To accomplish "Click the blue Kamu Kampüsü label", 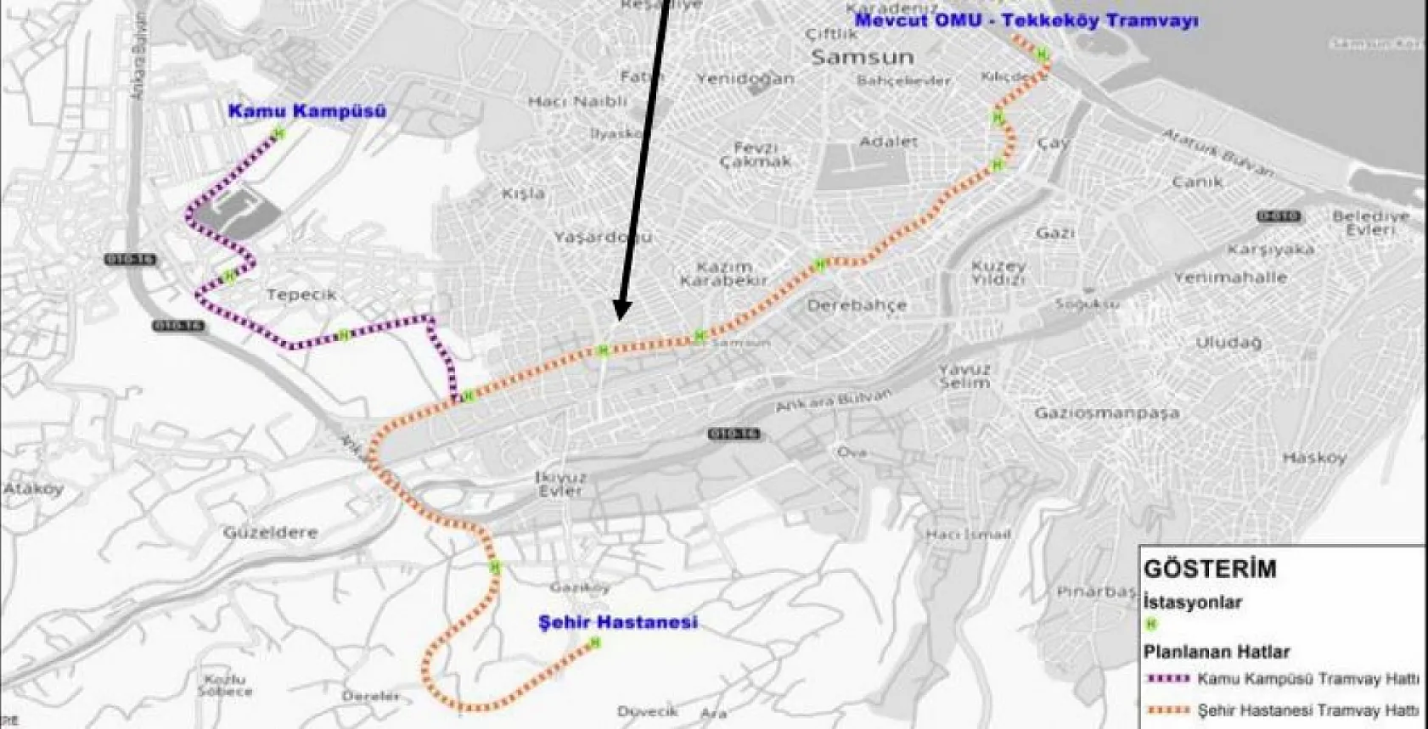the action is (x=307, y=111).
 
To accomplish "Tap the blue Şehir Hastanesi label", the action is (x=618, y=622).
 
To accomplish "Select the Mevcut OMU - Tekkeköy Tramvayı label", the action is (x=1026, y=20).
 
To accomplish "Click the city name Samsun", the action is (x=863, y=58).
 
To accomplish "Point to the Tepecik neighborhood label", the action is (x=301, y=294).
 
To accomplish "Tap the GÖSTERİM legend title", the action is (x=1210, y=569).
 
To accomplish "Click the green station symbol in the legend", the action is (x=1152, y=625).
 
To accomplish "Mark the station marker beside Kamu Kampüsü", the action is (x=279, y=132).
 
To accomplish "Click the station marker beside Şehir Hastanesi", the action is (x=595, y=643).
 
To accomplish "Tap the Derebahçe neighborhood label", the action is (x=857, y=305).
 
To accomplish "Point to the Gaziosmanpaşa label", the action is (x=1106, y=413).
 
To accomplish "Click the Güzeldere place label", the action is (x=270, y=533).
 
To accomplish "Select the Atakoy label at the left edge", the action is (x=33, y=489).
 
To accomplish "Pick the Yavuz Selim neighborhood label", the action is (x=965, y=376).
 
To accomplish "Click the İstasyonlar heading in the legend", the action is (x=1193, y=603).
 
